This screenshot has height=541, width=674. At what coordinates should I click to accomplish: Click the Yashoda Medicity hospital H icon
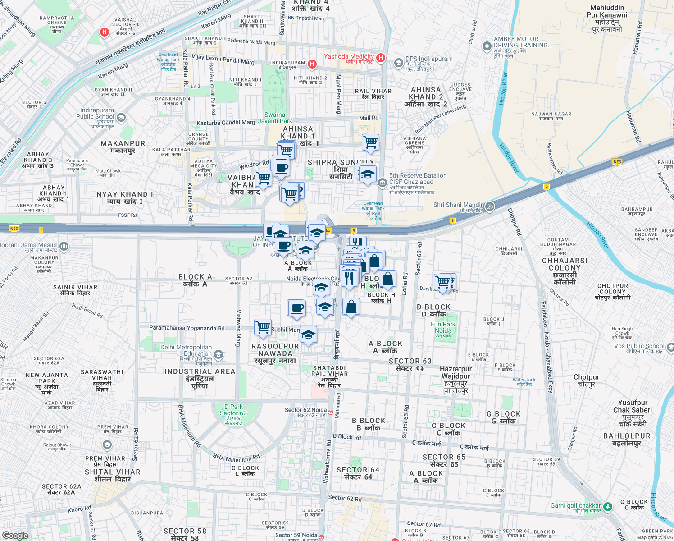tap(381, 57)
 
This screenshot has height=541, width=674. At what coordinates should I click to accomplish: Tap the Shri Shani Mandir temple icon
tap(490, 206)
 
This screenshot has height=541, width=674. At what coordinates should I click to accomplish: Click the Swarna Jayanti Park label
tap(275, 118)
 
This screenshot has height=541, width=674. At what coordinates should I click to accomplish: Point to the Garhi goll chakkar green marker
tap(607, 507)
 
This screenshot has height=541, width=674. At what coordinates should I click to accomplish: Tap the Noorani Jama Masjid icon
tap(64, 246)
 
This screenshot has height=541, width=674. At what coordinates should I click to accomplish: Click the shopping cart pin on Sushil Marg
tap(263, 327)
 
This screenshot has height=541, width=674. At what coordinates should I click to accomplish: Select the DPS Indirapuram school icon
tap(398, 63)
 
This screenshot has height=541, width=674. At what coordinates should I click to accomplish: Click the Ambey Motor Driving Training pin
tap(487, 46)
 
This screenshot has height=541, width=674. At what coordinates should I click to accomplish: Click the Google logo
tap(15, 535)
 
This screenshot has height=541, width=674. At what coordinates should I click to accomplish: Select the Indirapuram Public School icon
tap(121, 118)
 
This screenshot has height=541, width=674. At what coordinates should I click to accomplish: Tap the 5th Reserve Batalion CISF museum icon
tap(382, 182)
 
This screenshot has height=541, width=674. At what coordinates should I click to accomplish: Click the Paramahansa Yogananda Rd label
tap(187, 328)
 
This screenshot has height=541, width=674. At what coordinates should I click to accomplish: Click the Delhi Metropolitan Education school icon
tap(219, 355)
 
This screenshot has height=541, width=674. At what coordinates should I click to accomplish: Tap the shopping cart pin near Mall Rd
tap(370, 143)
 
